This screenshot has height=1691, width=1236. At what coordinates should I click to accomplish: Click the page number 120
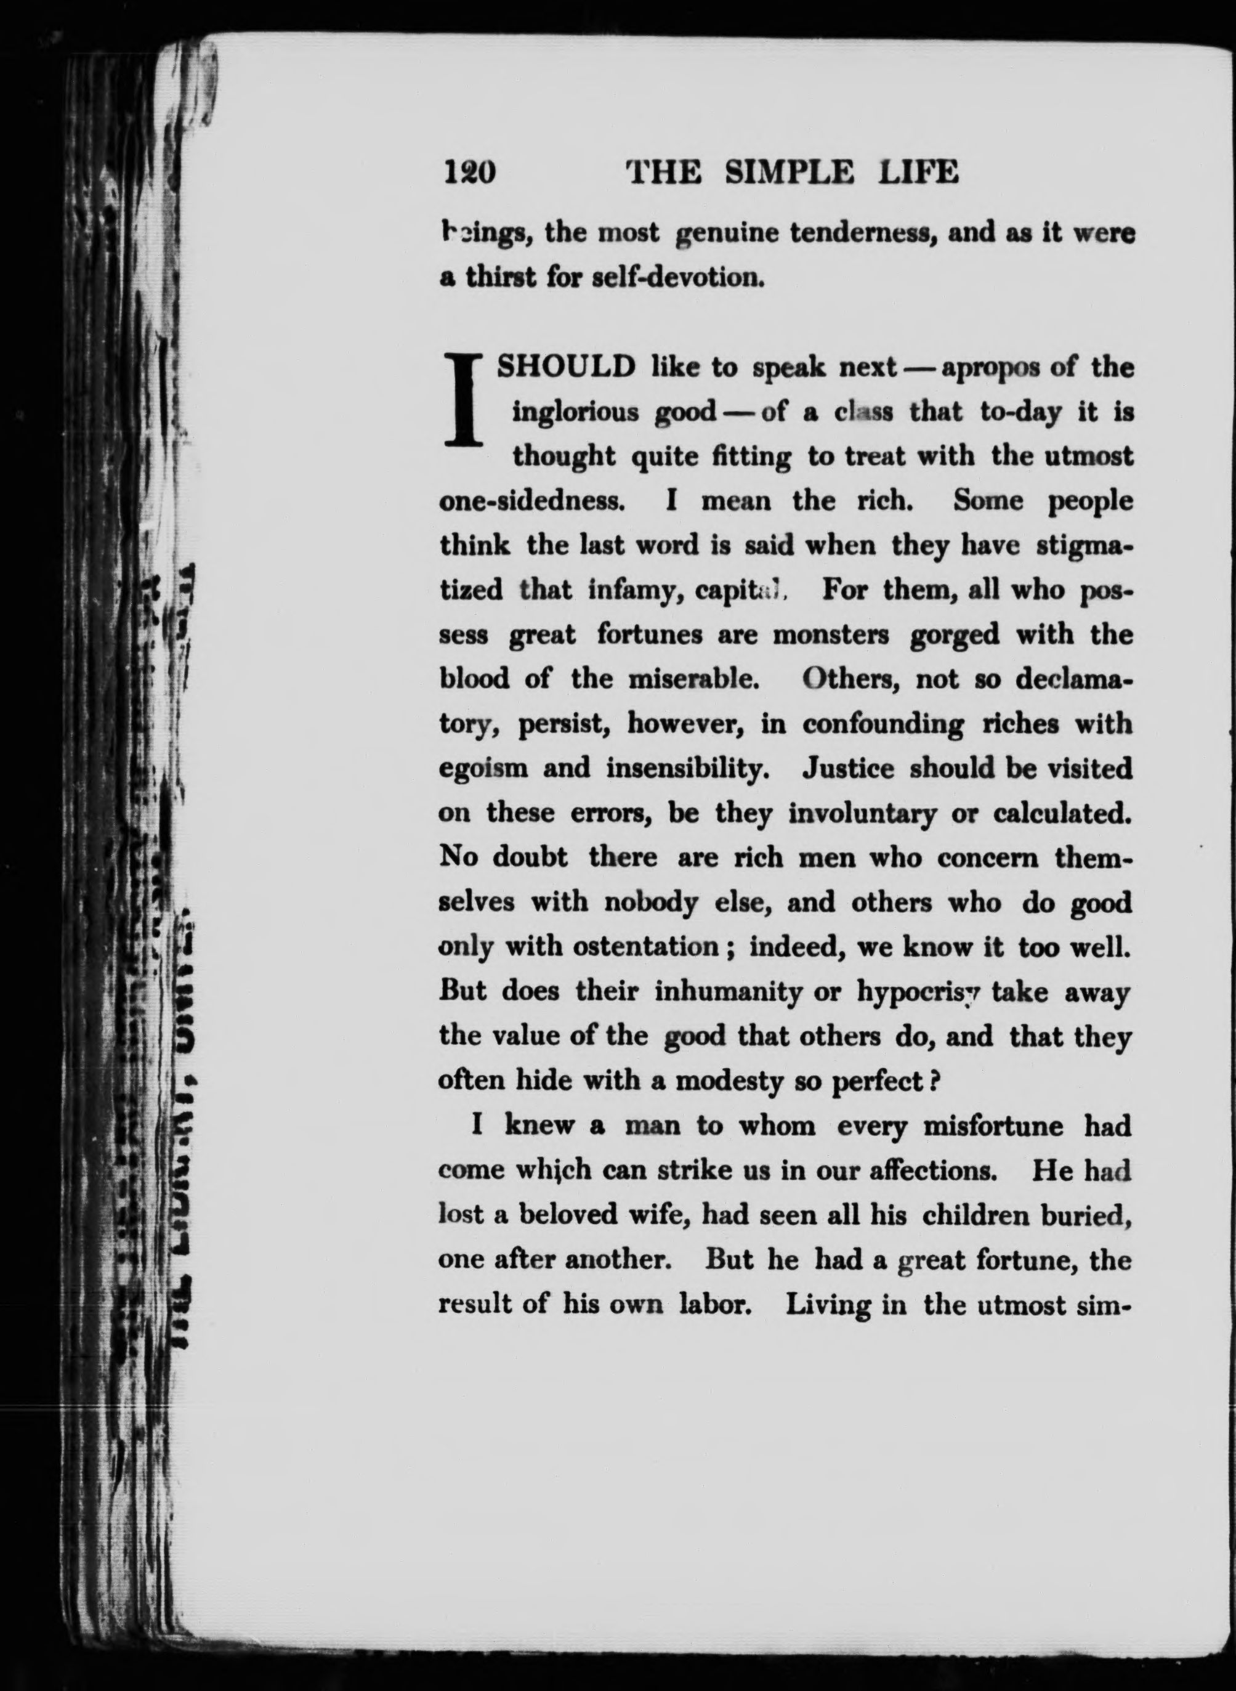(x=470, y=173)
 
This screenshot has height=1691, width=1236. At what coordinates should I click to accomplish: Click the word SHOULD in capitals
(x=567, y=367)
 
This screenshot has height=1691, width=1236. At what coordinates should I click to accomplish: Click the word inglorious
(x=575, y=413)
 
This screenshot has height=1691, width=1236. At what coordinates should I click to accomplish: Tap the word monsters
(x=831, y=635)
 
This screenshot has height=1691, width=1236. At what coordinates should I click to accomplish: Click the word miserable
(x=695, y=679)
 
